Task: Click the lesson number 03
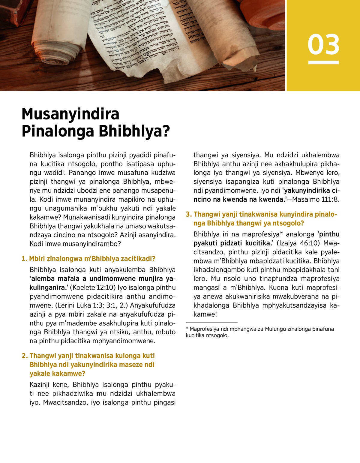click(323, 44)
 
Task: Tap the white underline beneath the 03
click(323, 62)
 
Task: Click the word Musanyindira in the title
click(70, 114)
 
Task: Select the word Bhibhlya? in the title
click(134, 131)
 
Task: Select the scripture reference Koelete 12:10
click(93, 287)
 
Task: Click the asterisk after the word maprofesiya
click(281, 233)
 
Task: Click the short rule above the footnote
click(211, 322)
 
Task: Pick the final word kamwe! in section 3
click(205, 314)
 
